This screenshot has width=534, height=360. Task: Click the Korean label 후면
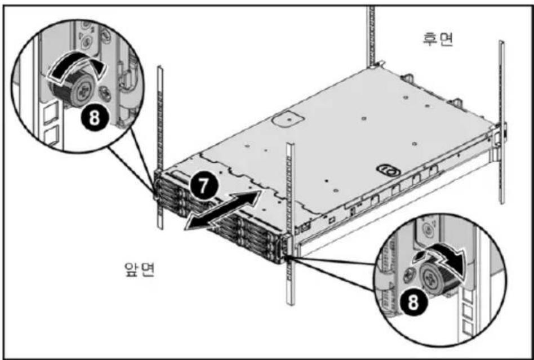pyautogui.click(x=438, y=39)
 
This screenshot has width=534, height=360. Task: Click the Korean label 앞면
pyautogui.click(x=140, y=269)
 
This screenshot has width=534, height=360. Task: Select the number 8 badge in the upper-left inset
pyautogui.click(x=94, y=118)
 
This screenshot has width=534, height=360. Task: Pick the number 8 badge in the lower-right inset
pyautogui.click(x=413, y=303)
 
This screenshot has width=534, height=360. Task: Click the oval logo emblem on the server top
pyautogui.click(x=389, y=170)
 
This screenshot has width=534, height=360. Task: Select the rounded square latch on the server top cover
pyautogui.click(x=288, y=119)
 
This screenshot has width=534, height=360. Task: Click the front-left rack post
pyautogui.click(x=159, y=147)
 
